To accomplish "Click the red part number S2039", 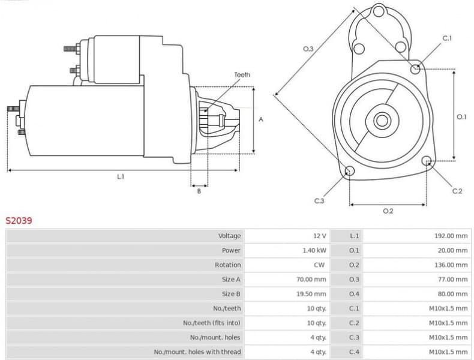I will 19,220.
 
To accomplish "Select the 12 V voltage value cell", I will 319,236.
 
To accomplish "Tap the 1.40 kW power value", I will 314,250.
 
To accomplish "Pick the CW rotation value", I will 319,265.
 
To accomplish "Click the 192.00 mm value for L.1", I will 451,236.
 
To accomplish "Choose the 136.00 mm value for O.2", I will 451,265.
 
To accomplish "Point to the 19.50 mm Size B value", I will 313,294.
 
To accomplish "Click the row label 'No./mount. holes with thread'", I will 197,352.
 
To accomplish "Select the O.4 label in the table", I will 354,294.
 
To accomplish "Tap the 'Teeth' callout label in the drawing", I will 242,75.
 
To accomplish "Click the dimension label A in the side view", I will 261,119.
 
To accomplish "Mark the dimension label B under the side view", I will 199,191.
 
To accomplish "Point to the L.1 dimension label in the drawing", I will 121,176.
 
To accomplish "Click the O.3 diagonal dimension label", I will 308,49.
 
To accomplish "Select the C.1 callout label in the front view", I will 447,38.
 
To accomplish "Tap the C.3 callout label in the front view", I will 319,201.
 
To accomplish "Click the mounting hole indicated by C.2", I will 427,161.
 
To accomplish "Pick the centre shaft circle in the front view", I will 382,120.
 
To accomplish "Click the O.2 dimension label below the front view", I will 388,211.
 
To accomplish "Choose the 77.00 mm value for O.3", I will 452,280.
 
